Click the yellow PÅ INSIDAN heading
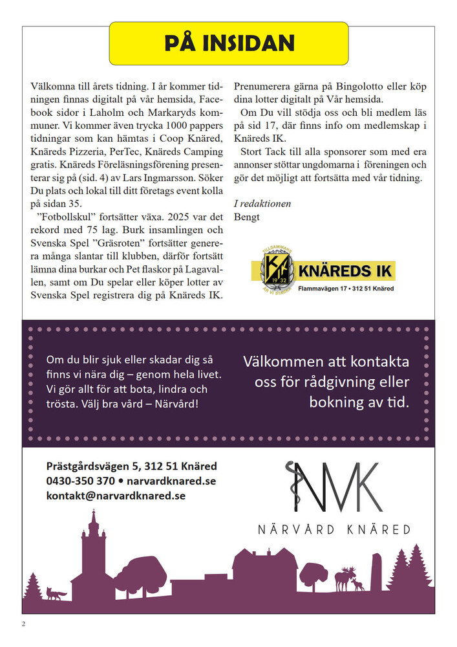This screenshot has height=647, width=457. point(229,43)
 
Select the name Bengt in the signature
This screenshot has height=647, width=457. point(246,217)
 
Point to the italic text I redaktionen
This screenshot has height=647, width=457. point(262,204)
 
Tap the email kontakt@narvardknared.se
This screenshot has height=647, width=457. point(116,496)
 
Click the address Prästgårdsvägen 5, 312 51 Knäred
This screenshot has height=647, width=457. point(131,466)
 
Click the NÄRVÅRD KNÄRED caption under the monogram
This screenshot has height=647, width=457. point(334,529)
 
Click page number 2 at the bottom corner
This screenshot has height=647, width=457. point(24,624)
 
